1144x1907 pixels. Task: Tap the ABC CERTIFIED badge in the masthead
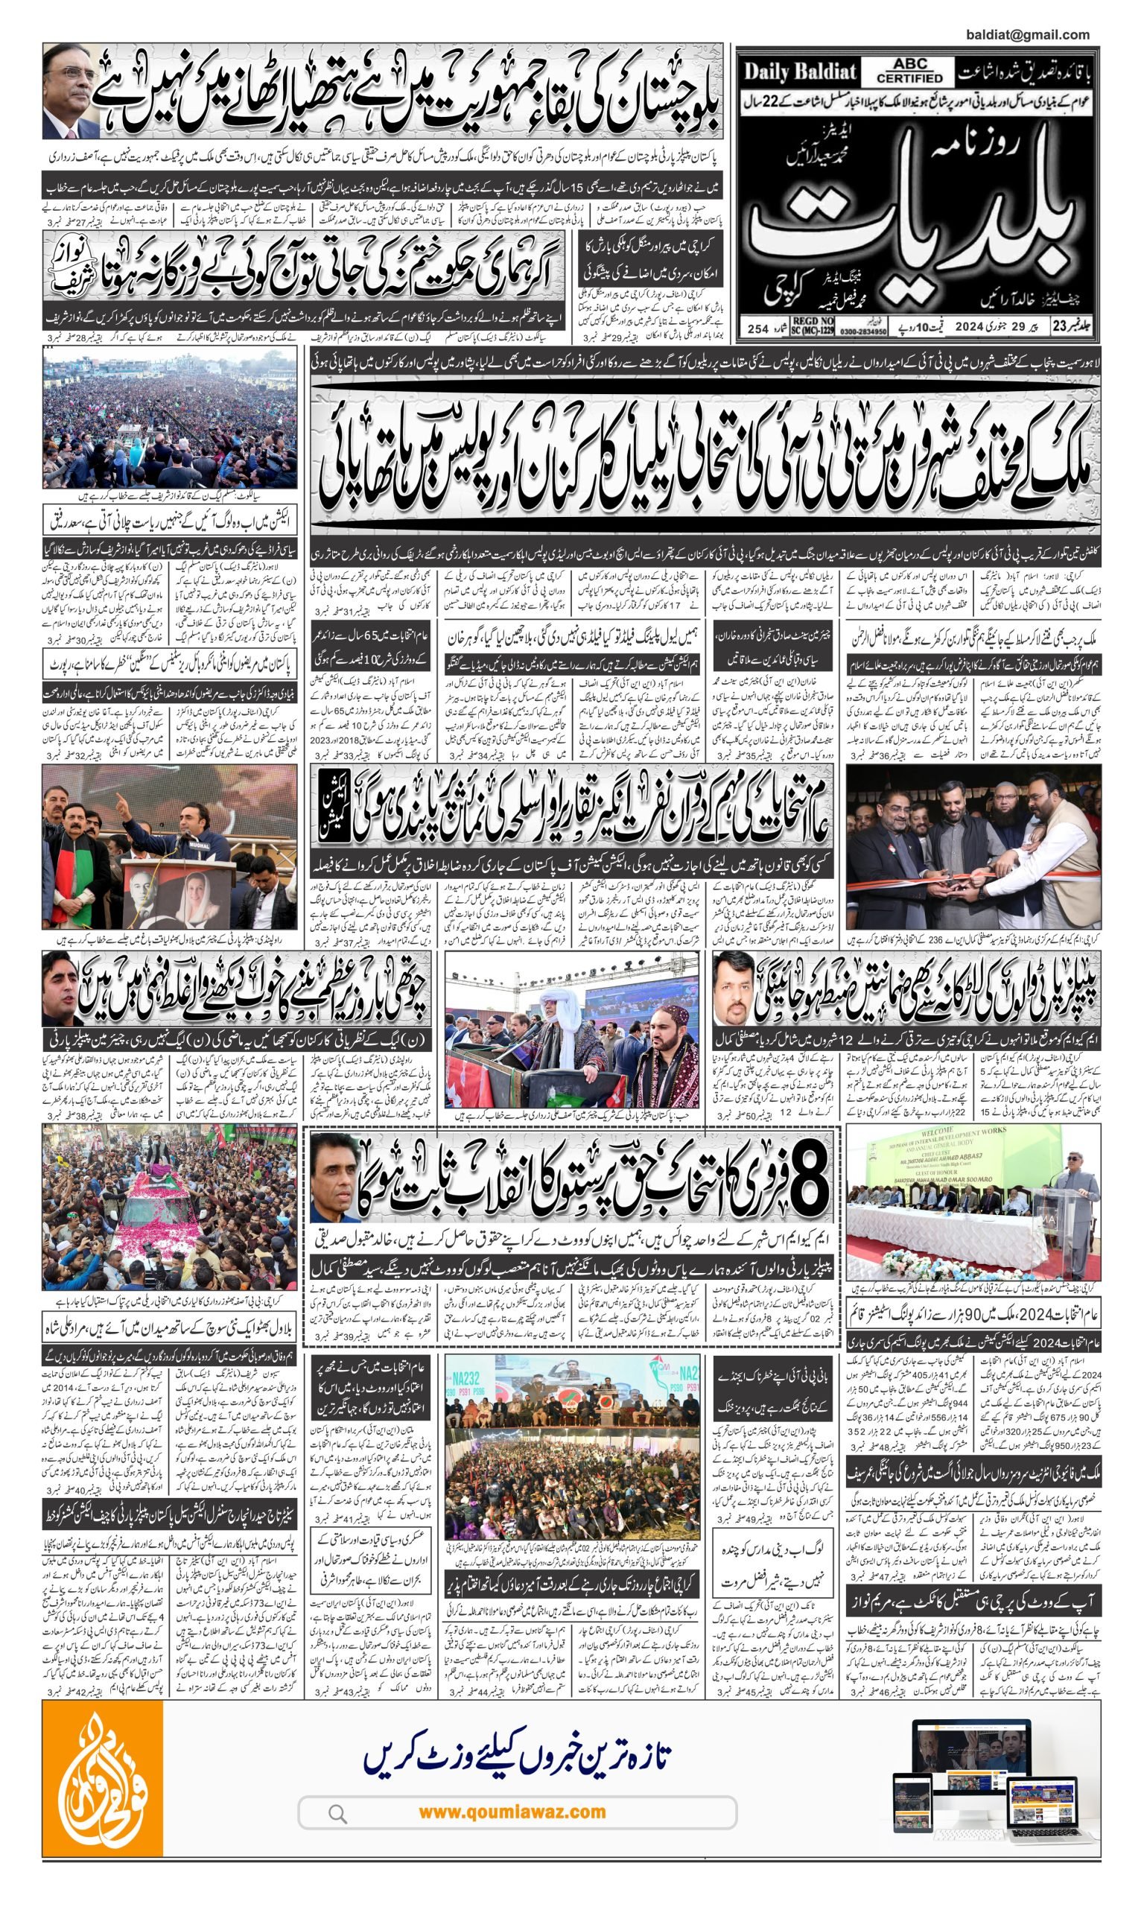point(909,72)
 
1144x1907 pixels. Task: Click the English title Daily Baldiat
point(799,72)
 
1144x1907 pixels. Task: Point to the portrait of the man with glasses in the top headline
point(70,91)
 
